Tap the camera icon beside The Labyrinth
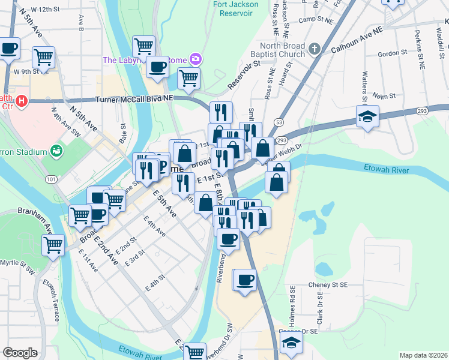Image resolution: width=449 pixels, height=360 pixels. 195,59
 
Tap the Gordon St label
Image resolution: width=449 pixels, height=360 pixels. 393,53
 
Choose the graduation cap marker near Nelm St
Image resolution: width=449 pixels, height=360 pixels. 367,116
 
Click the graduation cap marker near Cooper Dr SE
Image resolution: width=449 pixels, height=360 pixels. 291,343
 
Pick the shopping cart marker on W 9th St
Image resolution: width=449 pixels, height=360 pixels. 43,58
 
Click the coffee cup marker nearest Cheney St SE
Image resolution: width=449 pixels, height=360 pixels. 244,280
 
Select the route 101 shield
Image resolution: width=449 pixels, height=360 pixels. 50,179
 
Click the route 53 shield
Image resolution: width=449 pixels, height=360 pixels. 279,122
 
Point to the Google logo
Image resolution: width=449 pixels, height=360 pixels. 20,353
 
